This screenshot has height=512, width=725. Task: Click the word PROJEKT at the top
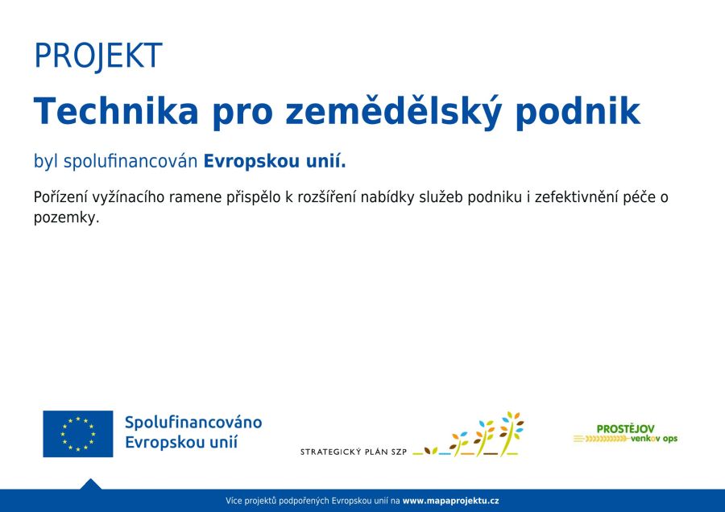[x=98, y=56]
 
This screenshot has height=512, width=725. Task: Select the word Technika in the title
[x=116, y=111]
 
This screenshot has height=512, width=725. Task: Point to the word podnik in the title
[x=578, y=113]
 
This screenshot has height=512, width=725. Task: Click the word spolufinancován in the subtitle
[x=130, y=161]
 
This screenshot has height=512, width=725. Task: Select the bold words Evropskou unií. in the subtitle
[x=275, y=161]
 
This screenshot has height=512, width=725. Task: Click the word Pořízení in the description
[x=60, y=197]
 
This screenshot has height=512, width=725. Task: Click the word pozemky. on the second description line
[x=67, y=217]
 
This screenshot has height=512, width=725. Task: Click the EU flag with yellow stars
[x=77, y=434]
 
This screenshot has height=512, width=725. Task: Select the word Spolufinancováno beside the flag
[x=193, y=423]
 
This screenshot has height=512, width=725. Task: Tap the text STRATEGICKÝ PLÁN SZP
[x=354, y=452]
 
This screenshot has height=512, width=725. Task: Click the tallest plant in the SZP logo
[x=511, y=433]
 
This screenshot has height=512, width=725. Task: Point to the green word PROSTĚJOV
[x=626, y=429]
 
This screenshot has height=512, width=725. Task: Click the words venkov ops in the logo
[x=654, y=439]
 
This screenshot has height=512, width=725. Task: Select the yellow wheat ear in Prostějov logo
[x=602, y=439]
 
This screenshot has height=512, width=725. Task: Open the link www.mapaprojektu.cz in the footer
[x=450, y=501]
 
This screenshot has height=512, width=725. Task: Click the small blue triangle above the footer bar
[x=90, y=485]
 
